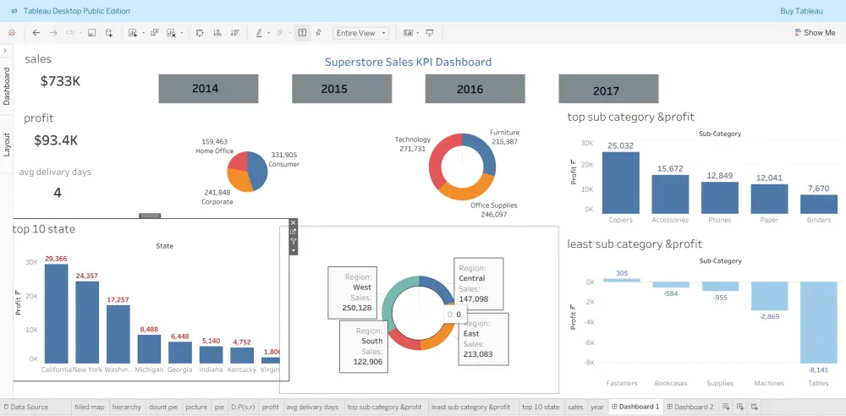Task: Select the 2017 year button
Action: pos(607,90)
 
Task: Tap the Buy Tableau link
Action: pos(800,11)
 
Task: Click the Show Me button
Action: pos(815,33)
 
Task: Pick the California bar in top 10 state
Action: pos(57,313)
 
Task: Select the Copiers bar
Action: pos(620,183)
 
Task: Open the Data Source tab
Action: pos(30,408)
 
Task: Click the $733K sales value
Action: pos(60,81)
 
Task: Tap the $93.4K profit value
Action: pos(56,140)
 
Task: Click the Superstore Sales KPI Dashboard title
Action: pos(408,62)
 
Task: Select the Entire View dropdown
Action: pos(360,33)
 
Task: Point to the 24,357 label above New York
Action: pos(86,276)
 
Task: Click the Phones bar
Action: pos(719,197)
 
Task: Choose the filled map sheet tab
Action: pos(89,408)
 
